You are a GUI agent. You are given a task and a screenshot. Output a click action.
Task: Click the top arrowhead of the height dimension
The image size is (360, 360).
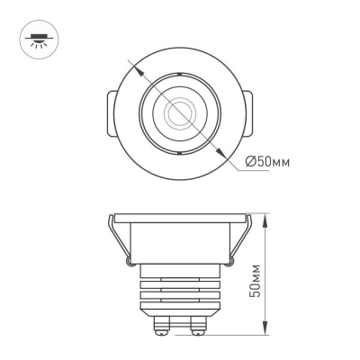tap(267, 217)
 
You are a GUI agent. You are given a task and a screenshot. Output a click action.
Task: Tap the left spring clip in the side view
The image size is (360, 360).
tap(121, 243)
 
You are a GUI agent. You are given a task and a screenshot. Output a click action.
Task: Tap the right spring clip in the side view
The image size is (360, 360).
tap(239, 243)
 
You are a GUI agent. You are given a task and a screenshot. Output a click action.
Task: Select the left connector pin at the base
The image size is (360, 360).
tap(165, 324)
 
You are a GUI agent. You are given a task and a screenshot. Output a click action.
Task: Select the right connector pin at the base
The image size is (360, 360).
tap(195, 324)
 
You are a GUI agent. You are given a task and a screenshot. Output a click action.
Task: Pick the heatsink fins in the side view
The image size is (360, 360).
tap(180, 292)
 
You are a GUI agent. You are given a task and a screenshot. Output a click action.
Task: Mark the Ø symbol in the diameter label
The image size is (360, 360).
tap(250, 162)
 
